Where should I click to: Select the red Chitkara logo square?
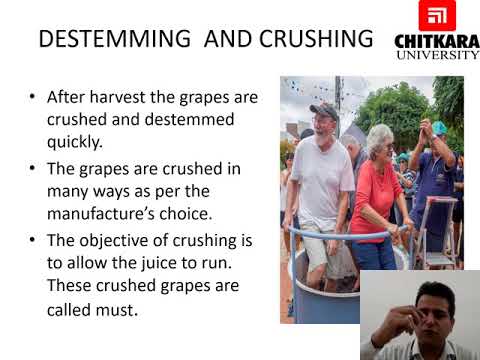tap(436, 16)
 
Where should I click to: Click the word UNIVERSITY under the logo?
tap(437, 55)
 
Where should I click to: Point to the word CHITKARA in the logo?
tap(437, 40)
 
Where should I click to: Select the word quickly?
tap(79, 141)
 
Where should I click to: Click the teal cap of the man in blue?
tap(437, 128)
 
